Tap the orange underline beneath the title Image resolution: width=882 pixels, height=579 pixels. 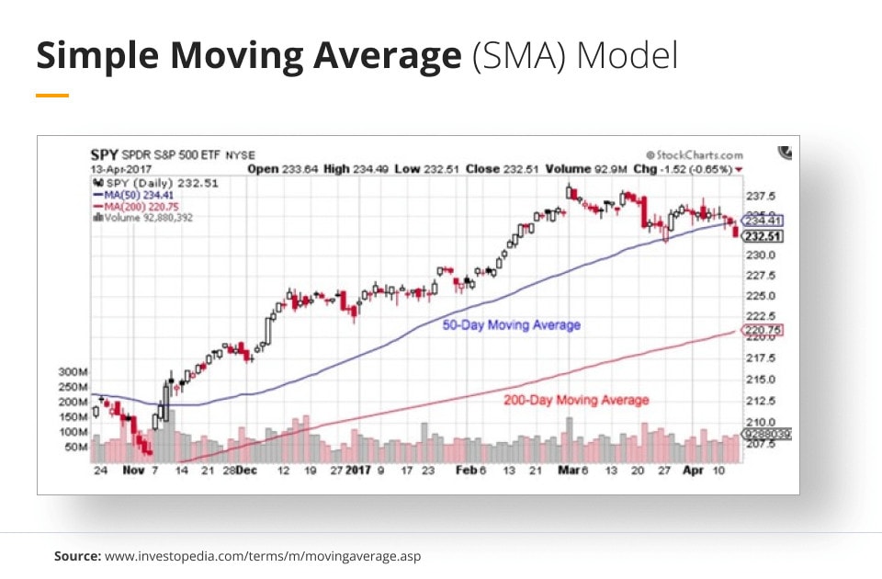52,95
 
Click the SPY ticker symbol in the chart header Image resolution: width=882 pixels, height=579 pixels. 103,154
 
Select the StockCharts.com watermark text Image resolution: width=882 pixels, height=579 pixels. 698,155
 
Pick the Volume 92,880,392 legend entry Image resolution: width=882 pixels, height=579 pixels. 146,218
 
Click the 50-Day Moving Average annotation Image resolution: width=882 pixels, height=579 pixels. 511,325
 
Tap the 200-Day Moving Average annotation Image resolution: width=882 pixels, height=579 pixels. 576,400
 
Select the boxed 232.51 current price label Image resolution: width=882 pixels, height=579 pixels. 762,236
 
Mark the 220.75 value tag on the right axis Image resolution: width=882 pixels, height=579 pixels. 762,331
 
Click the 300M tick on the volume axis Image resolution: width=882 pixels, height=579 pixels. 72,372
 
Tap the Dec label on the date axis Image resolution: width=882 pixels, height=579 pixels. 245,471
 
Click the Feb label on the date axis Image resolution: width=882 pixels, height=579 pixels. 466,471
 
